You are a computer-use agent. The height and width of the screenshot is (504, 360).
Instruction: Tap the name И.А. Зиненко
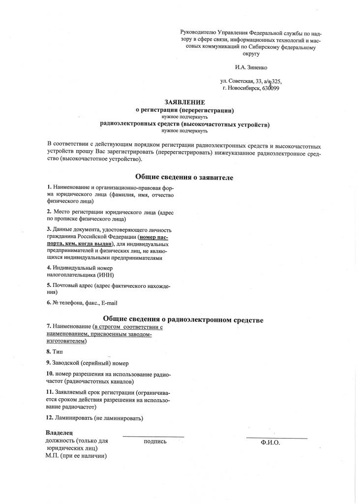point(252,66)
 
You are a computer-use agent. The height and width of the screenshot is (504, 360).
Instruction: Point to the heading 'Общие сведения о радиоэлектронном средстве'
point(183,320)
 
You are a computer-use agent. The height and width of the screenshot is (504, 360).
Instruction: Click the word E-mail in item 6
point(109,303)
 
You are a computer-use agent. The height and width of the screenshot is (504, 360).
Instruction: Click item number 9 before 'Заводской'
point(48,363)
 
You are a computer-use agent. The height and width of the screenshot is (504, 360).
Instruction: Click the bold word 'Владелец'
point(59,433)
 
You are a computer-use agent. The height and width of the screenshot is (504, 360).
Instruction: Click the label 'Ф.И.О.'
point(270,443)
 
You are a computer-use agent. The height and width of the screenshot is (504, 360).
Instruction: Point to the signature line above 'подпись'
point(153,437)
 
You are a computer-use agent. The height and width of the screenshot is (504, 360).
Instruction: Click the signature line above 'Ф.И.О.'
point(276,438)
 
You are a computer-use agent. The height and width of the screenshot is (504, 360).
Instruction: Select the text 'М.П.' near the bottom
point(52,456)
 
